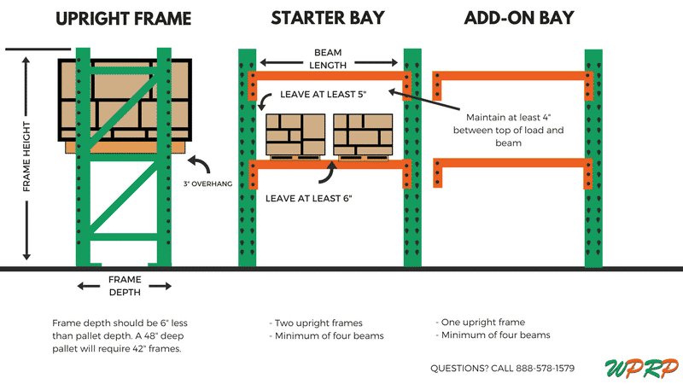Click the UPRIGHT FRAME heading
124,19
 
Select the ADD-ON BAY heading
519,19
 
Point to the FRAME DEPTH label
124,285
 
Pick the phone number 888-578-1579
538,368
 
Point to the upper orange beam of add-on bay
512,76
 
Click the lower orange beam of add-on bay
512,162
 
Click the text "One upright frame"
483,323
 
